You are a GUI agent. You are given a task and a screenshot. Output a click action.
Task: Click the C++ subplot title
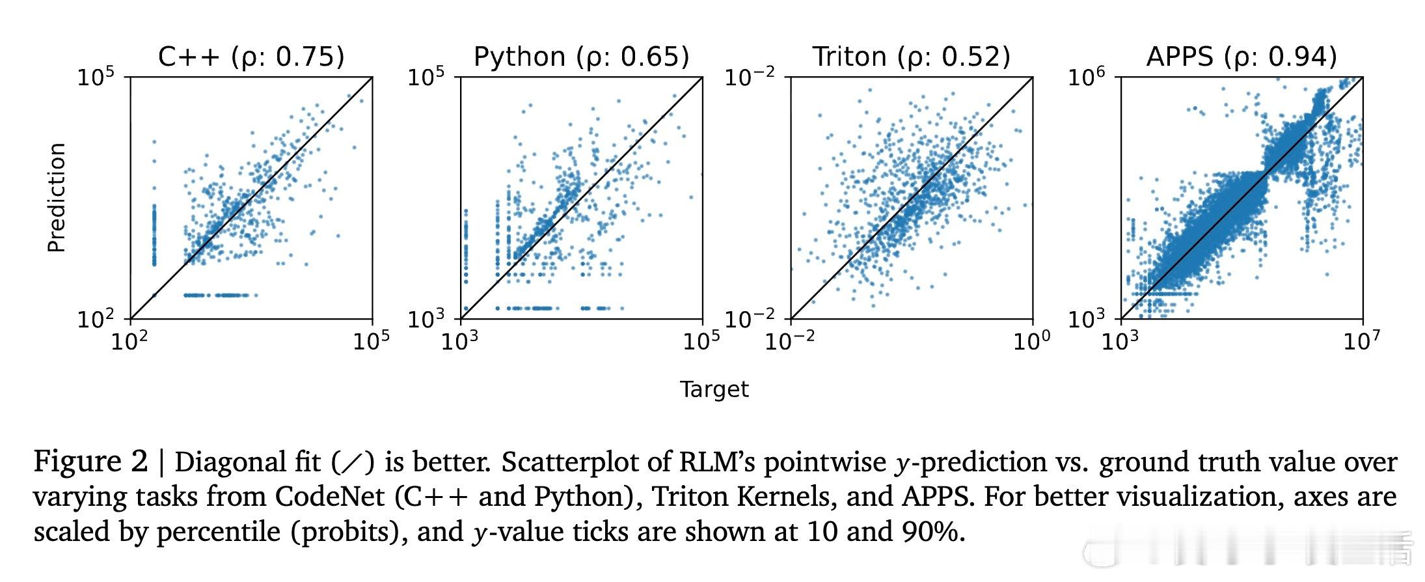coord(251,57)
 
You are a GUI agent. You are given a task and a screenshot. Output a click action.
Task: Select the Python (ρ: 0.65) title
coord(581,57)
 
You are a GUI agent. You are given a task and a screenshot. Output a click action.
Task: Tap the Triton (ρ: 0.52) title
coord(911,57)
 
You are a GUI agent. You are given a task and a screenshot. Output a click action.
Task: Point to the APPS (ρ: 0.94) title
coord(1241,57)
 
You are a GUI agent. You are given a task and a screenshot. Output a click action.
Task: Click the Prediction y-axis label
coord(57,197)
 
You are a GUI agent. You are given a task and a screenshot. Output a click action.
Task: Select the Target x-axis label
coord(714,389)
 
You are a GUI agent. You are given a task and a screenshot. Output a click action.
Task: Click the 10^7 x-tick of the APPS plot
coord(1361,341)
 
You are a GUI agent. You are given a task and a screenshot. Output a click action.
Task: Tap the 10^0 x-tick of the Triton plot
coord(1031,341)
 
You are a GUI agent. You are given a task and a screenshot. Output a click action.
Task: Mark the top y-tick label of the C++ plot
coord(96,78)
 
